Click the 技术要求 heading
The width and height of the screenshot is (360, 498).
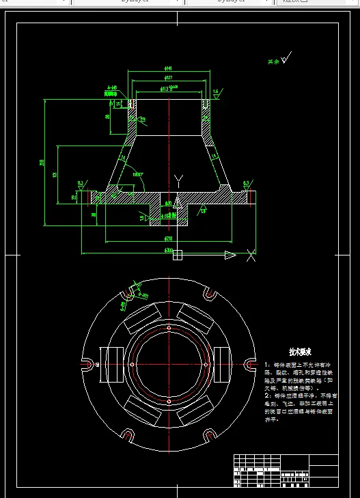click(299, 352)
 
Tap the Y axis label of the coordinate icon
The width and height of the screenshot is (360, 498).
click(178, 180)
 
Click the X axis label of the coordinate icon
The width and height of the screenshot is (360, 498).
click(251, 255)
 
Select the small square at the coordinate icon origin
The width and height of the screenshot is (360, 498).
click(178, 255)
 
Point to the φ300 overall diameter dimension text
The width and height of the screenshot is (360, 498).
click(168, 251)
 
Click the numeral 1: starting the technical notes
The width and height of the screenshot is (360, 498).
click(267, 365)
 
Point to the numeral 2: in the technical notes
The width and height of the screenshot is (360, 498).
click(267, 396)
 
